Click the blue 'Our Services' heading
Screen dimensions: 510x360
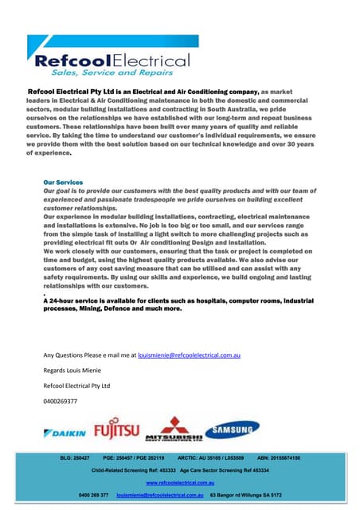point(65,182)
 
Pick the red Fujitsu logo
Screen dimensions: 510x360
point(116,432)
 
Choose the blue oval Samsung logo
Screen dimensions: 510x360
point(232,430)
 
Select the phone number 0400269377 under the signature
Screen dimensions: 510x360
point(60,401)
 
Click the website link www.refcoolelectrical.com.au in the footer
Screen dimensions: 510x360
point(180,483)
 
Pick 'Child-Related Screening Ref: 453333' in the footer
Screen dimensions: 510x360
point(132,471)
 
